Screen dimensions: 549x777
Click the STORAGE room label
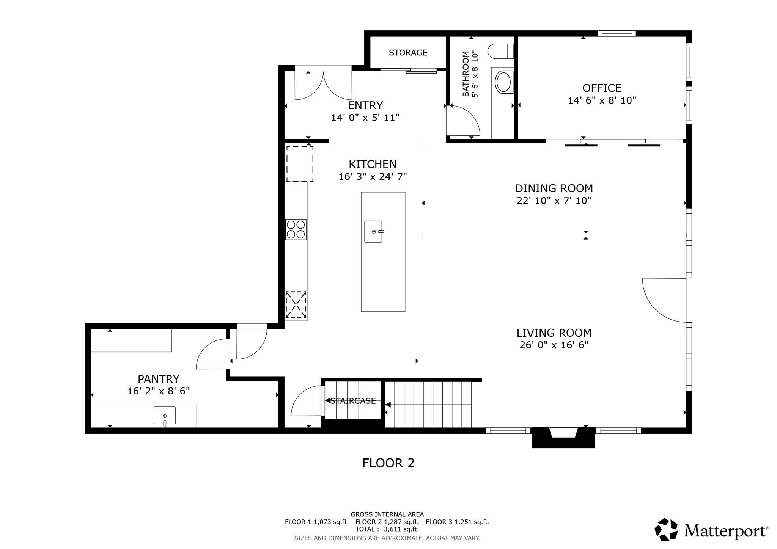click(x=408, y=53)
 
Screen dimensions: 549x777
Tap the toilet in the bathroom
click(x=500, y=51)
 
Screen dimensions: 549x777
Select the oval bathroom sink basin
click(x=503, y=82)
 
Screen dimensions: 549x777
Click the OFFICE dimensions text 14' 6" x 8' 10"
click(x=602, y=100)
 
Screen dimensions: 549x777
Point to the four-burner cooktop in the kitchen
click(x=296, y=229)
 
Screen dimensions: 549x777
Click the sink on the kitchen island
click(x=373, y=231)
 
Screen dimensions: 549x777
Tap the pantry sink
click(x=165, y=416)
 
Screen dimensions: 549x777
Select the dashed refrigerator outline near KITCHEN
click(x=300, y=164)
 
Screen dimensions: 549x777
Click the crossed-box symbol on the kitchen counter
click(x=296, y=304)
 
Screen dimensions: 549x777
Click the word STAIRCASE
click(x=353, y=401)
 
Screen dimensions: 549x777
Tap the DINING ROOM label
click(x=554, y=188)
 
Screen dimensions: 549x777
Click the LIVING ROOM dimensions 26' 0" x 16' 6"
click(x=554, y=345)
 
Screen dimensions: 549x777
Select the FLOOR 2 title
click(x=388, y=463)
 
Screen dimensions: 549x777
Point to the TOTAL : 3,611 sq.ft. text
click(x=387, y=529)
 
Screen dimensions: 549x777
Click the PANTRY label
click(x=158, y=379)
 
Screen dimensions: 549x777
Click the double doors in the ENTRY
click(x=323, y=85)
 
